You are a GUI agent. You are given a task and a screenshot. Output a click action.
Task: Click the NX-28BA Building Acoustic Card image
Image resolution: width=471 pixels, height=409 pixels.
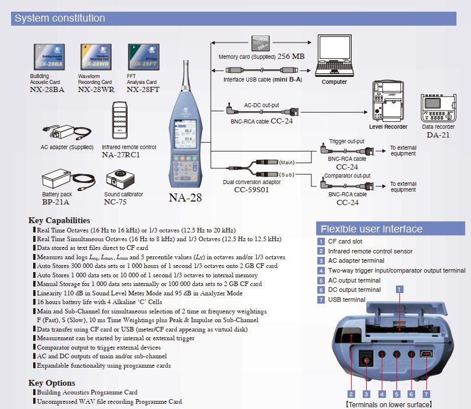[49, 58]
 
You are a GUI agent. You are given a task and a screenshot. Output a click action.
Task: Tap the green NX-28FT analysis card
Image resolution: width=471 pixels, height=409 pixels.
[144, 58]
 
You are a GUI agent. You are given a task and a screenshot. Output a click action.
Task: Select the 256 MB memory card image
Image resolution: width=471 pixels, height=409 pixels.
[262, 45]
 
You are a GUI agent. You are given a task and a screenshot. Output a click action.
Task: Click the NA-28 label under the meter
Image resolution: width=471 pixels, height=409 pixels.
[185, 198]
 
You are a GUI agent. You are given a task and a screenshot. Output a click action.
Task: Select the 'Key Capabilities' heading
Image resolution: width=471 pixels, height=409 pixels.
[59, 220]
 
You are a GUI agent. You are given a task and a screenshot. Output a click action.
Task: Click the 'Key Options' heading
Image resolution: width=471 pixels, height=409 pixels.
[51, 383]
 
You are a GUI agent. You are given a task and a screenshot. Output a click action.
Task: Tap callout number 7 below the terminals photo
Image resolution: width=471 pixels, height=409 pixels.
[426, 393]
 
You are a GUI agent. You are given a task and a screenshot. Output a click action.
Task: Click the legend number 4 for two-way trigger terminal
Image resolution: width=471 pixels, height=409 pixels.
[320, 270]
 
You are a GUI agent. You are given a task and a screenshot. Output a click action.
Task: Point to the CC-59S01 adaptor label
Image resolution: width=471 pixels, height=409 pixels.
[251, 189]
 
